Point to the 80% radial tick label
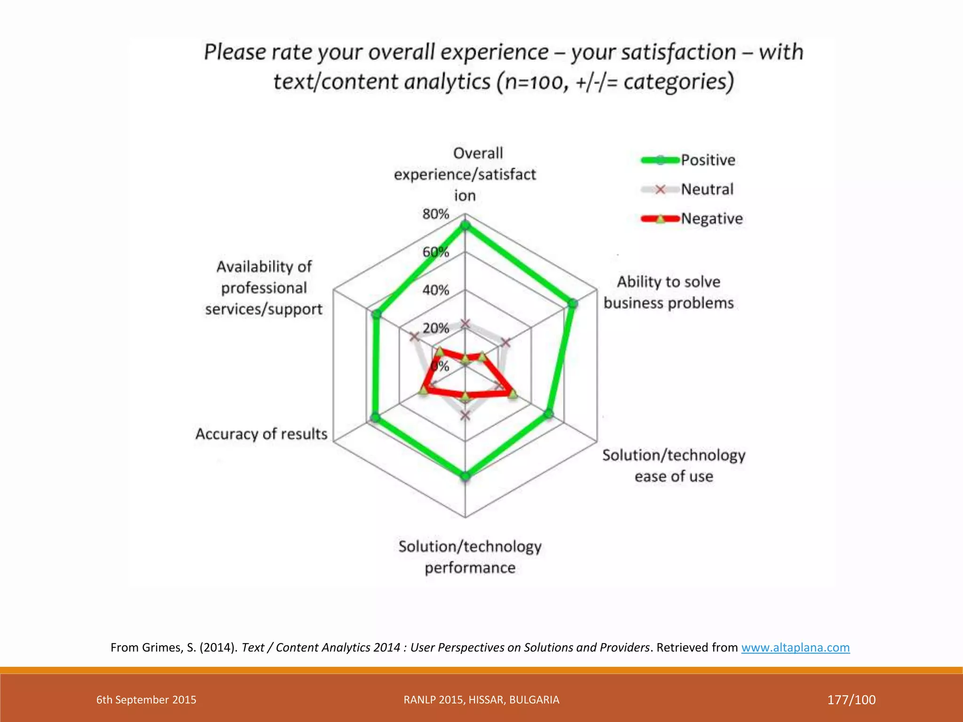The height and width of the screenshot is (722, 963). coord(435,214)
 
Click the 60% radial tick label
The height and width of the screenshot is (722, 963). coord(435,252)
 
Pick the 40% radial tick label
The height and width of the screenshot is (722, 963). coord(435,290)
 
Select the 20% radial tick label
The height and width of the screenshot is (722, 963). coord(435,328)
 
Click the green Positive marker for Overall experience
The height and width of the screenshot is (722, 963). coord(465,226)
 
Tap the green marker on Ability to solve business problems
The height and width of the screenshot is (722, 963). coord(573,304)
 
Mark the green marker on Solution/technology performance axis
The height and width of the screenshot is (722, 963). coord(465,476)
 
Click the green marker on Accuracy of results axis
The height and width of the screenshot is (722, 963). coord(375,417)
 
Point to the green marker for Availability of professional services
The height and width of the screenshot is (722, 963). coord(376,314)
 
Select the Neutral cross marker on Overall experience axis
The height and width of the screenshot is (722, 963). coord(465,323)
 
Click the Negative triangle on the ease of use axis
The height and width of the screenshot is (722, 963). coord(513,394)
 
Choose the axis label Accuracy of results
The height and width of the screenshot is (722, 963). coord(261,434)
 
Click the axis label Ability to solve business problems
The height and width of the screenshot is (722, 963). coord(669,292)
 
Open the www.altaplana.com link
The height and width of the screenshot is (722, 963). coord(795,648)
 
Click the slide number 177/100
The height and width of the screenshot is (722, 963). coord(851,700)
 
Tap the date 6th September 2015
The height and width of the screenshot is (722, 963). coord(146,700)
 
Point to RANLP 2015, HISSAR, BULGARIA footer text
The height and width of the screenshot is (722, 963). coord(481,700)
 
